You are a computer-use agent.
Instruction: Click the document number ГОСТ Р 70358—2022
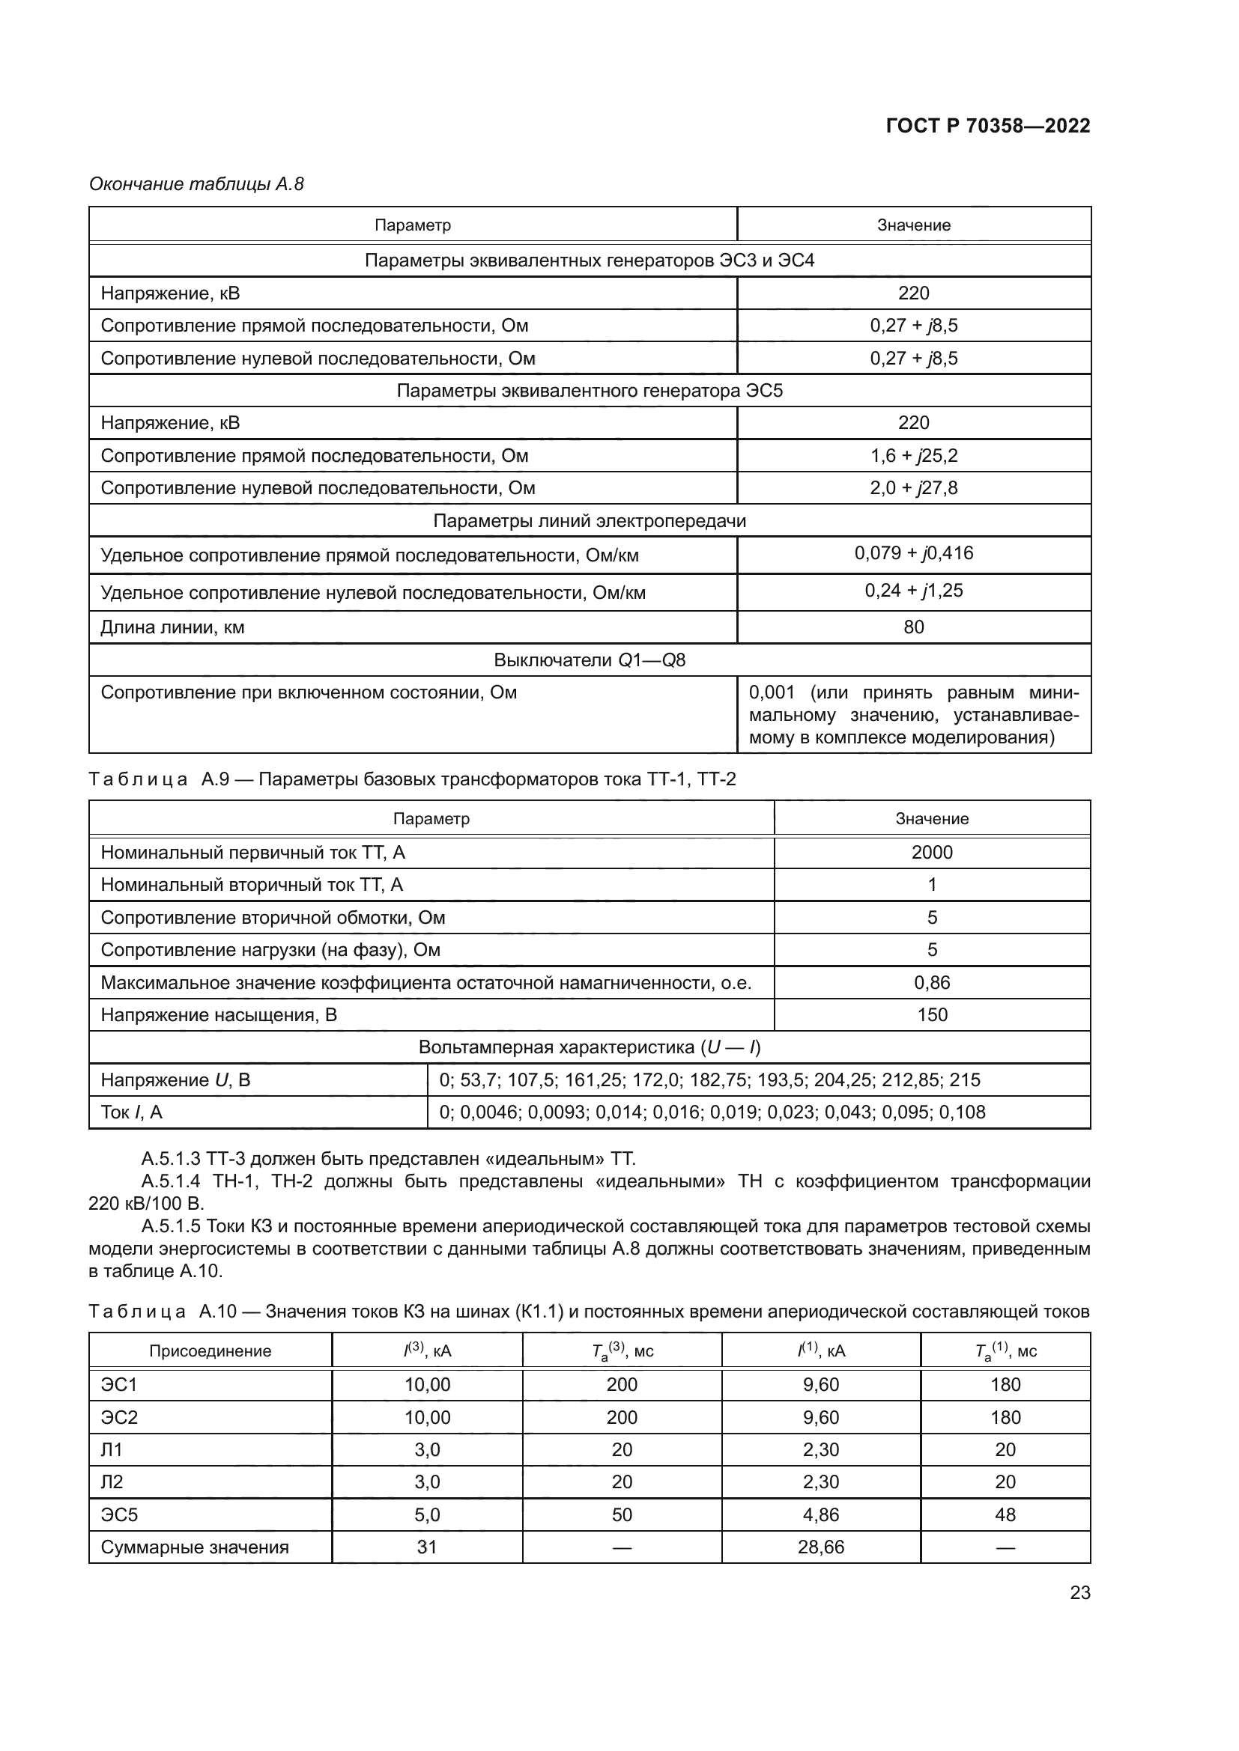coord(987,126)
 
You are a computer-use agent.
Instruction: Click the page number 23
coord(1079,1592)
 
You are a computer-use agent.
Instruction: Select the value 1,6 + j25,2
coord(913,455)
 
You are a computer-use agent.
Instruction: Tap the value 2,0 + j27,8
coord(913,488)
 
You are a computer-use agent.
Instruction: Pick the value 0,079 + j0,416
coord(913,553)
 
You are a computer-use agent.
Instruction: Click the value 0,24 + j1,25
coord(913,590)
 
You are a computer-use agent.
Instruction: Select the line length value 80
coord(913,627)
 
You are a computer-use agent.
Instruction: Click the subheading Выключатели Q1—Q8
coord(589,660)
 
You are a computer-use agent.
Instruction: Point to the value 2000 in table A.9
coord(932,853)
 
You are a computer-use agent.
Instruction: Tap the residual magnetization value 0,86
coord(932,982)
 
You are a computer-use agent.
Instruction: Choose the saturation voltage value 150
coord(932,1015)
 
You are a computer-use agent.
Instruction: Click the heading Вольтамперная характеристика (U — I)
coord(589,1047)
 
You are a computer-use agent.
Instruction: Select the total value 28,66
coord(820,1547)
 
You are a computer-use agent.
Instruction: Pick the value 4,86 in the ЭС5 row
coord(820,1514)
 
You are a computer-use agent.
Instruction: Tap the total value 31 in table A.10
coord(426,1547)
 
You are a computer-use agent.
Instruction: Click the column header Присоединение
coord(210,1350)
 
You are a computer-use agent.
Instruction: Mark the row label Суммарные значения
coord(195,1547)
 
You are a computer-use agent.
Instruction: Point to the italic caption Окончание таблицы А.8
coord(196,184)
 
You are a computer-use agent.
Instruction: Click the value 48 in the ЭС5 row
coord(1005,1514)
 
